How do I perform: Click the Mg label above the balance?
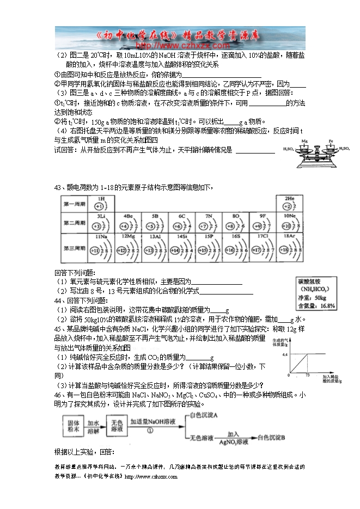305,140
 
